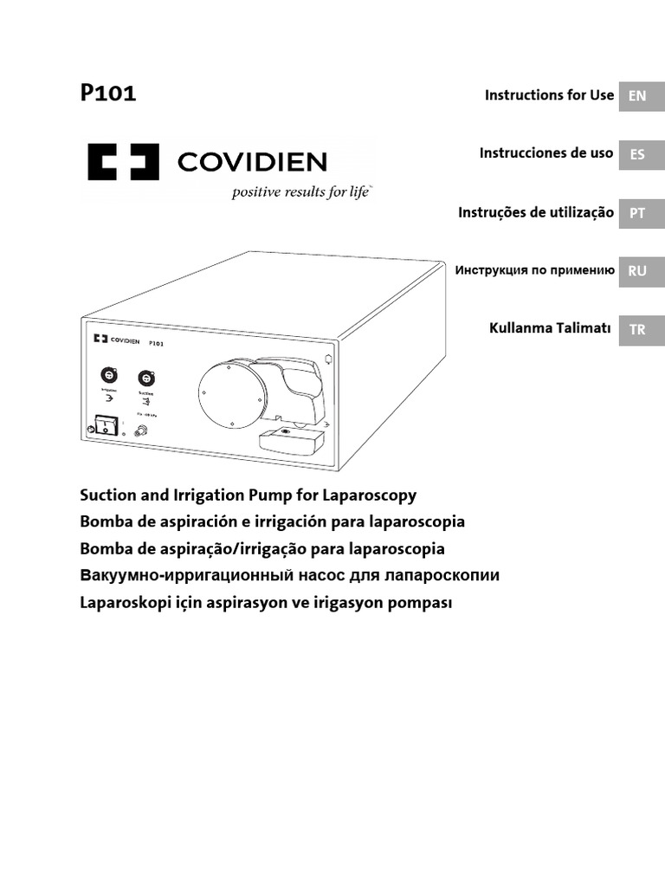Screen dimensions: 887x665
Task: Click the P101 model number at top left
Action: pyautogui.click(x=108, y=94)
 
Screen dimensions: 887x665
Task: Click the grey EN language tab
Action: pyautogui.click(x=637, y=96)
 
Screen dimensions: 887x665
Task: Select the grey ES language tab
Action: pyautogui.click(x=637, y=155)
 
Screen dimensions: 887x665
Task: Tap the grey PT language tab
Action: pyautogui.click(x=637, y=213)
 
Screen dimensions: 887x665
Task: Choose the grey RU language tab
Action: pyautogui.click(x=637, y=271)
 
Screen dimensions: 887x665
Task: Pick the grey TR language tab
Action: pyautogui.click(x=637, y=329)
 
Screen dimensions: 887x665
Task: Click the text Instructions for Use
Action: pyautogui.click(x=549, y=95)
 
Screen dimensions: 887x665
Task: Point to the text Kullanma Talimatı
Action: pyautogui.click(x=551, y=328)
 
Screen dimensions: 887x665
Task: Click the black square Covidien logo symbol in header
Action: pyautogui.click(x=123, y=161)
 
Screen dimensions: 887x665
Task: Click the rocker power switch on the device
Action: pyautogui.click(x=106, y=426)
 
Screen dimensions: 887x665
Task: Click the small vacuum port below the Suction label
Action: pyautogui.click(x=136, y=429)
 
